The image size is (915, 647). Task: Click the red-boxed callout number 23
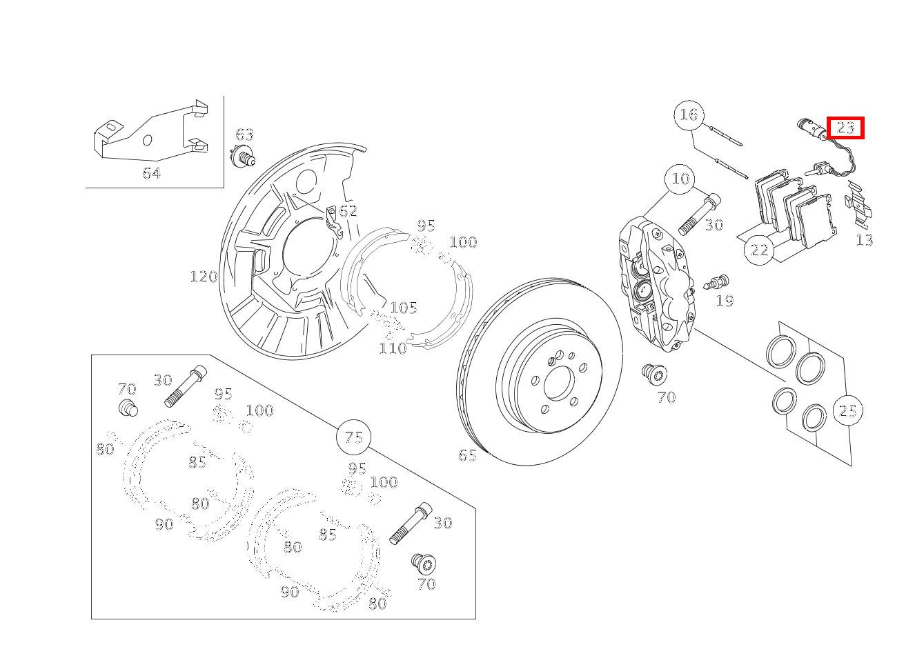click(x=845, y=128)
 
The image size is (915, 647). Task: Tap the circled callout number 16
click(x=689, y=115)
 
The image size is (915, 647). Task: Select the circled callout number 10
click(x=680, y=179)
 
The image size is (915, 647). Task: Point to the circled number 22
click(x=760, y=250)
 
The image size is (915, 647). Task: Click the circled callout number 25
click(x=847, y=411)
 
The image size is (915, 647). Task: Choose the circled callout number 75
click(x=353, y=437)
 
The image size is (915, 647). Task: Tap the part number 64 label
click(x=152, y=173)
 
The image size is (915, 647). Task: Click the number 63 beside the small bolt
click(x=245, y=135)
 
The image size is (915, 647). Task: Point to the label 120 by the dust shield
click(x=204, y=277)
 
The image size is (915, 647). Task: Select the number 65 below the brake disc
click(x=467, y=455)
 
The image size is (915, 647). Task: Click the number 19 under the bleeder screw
click(x=725, y=301)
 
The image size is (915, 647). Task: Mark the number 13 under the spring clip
click(x=864, y=240)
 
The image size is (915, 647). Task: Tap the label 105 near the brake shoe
click(x=404, y=308)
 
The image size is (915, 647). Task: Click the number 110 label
click(x=393, y=348)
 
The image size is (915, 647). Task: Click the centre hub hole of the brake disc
click(x=558, y=383)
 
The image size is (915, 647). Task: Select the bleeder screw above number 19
click(x=717, y=282)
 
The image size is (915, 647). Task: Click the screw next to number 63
click(x=244, y=159)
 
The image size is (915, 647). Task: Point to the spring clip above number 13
click(x=859, y=203)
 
